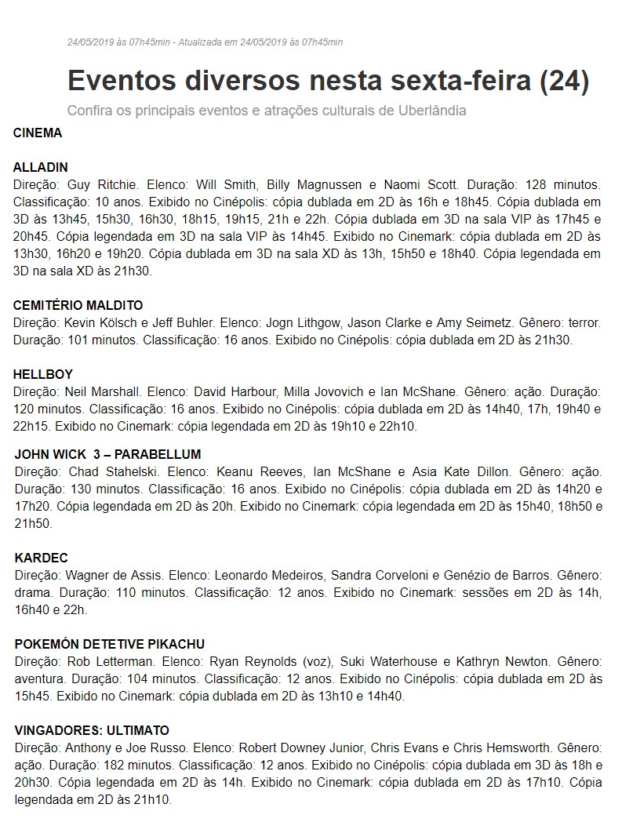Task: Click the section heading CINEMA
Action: click(38, 133)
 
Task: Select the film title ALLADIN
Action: click(41, 167)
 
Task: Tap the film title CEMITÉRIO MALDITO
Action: click(78, 305)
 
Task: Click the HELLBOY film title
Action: click(43, 374)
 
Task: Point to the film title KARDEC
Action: click(42, 558)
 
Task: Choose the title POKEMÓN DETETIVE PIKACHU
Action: click(110, 645)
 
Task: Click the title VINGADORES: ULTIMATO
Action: click(92, 730)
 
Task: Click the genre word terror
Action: click(584, 323)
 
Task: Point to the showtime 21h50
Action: click(33, 523)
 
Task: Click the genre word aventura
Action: click(39, 678)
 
